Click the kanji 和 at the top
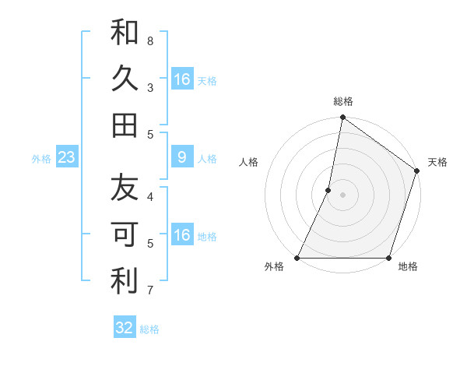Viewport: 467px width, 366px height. tap(125, 33)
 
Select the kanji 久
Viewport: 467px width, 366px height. tap(125, 79)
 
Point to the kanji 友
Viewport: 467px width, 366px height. tap(125, 188)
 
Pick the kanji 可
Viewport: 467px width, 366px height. tap(125, 234)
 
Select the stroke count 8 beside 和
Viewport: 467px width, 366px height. tap(150, 40)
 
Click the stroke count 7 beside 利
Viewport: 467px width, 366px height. tap(150, 291)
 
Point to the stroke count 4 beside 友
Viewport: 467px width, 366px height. tap(150, 196)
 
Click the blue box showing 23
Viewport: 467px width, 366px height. tap(67, 158)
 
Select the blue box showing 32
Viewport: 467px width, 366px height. tap(125, 328)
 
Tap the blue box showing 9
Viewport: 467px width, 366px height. tap(181, 158)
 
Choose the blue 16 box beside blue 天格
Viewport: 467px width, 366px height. tap(181, 79)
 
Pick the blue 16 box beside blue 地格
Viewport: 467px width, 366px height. tap(181, 235)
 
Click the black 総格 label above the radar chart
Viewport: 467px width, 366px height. tap(342, 101)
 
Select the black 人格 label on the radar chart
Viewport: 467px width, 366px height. tap(248, 162)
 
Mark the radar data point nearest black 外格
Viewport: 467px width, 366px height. tap(297, 258)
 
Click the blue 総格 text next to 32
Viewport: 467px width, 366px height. tap(149, 329)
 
